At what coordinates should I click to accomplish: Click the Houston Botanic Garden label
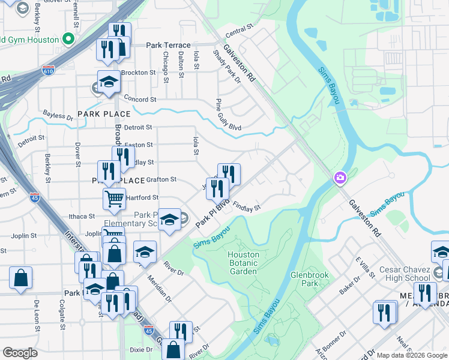(x=243, y=263)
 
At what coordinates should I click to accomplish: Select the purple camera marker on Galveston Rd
(x=340, y=178)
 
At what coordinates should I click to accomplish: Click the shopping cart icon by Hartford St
(x=114, y=197)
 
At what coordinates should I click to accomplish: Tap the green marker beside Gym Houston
(x=68, y=40)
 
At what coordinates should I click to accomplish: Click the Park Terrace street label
(x=168, y=46)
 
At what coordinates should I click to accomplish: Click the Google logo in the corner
(x=20, y=353)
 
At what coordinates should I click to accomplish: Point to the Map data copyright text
(x=412, y=355)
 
